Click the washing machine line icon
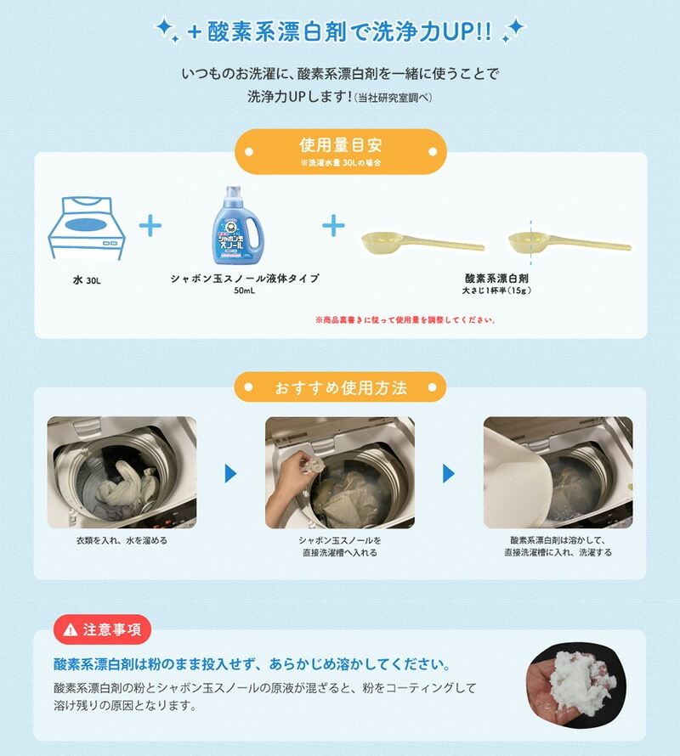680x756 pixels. [x=87, y=228]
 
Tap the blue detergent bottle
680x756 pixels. [x=238, y=225]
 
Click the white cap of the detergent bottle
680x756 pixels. [x=233, y=194]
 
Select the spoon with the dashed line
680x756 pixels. [x=569, y=241]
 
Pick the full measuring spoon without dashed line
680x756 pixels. [x=422, y=241]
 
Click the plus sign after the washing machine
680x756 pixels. [x=150, y=226]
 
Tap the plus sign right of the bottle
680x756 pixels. [x=333, y=226]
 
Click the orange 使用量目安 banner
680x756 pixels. [x=341, y=151]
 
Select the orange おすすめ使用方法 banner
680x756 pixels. [x=340, y=387]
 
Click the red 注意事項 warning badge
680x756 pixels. [x=102, y=629]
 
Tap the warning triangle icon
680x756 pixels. [x=71, y=629]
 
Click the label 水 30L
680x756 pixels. [x=87, y=280]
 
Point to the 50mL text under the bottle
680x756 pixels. [x=244, y=291]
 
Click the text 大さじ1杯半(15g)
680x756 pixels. [x=496, y=291]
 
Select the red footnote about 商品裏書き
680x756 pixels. [x=405, y=319]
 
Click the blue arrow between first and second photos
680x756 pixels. [x=230, y=473]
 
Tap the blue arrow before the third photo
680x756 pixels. [x=449, y=473]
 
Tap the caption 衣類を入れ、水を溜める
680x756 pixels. [x=122, y=540]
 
